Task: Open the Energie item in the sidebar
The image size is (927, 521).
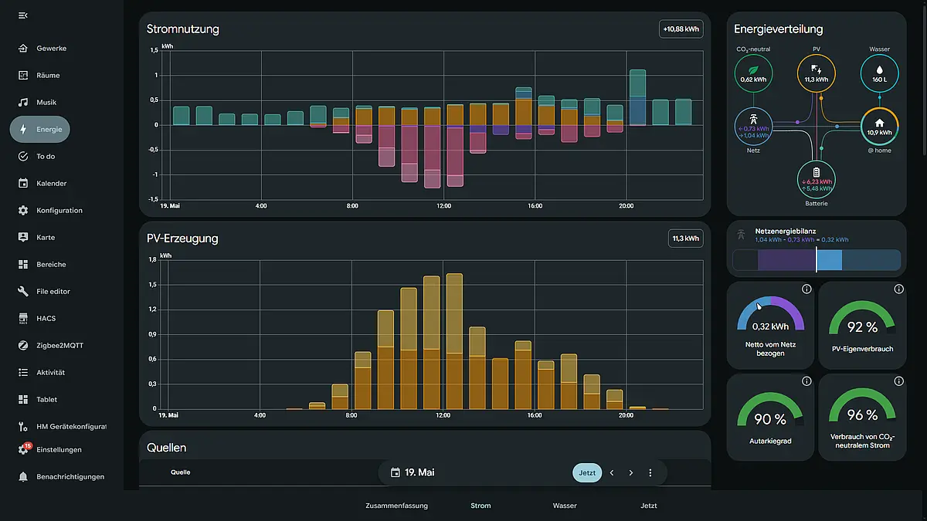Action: click(x=40, y=130)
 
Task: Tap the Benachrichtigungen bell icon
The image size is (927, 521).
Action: click(x=23, y=477)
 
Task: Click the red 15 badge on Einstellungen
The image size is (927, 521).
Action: click(x=28, y=446)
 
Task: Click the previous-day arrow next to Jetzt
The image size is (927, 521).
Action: click(x=612, y=472)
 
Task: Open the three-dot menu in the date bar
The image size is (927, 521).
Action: click(x=650, y=472)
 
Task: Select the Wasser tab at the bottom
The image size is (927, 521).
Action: click(x=565, y=506)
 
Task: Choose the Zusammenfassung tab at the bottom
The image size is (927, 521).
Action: click(x=396, y=506)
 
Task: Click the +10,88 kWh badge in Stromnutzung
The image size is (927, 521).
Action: click(x=681, y=29)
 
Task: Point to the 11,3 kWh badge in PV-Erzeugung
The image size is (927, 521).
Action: click(x=685, y=239)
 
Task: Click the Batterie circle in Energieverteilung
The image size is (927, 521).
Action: click(x=816, y=180)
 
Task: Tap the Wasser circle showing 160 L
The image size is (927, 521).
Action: click(x=879, y=73)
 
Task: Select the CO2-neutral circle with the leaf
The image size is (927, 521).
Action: click(x=753, y=73)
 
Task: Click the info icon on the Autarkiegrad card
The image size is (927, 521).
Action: click(x=806, y=381)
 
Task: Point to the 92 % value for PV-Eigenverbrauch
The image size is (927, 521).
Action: click(x=862, y=327)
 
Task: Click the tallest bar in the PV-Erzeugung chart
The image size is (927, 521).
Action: click(x=454, y=341)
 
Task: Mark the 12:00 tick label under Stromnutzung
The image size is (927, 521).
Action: click(x=443, y=206)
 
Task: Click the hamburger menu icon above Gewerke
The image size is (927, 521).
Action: click(x=23, y=15)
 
